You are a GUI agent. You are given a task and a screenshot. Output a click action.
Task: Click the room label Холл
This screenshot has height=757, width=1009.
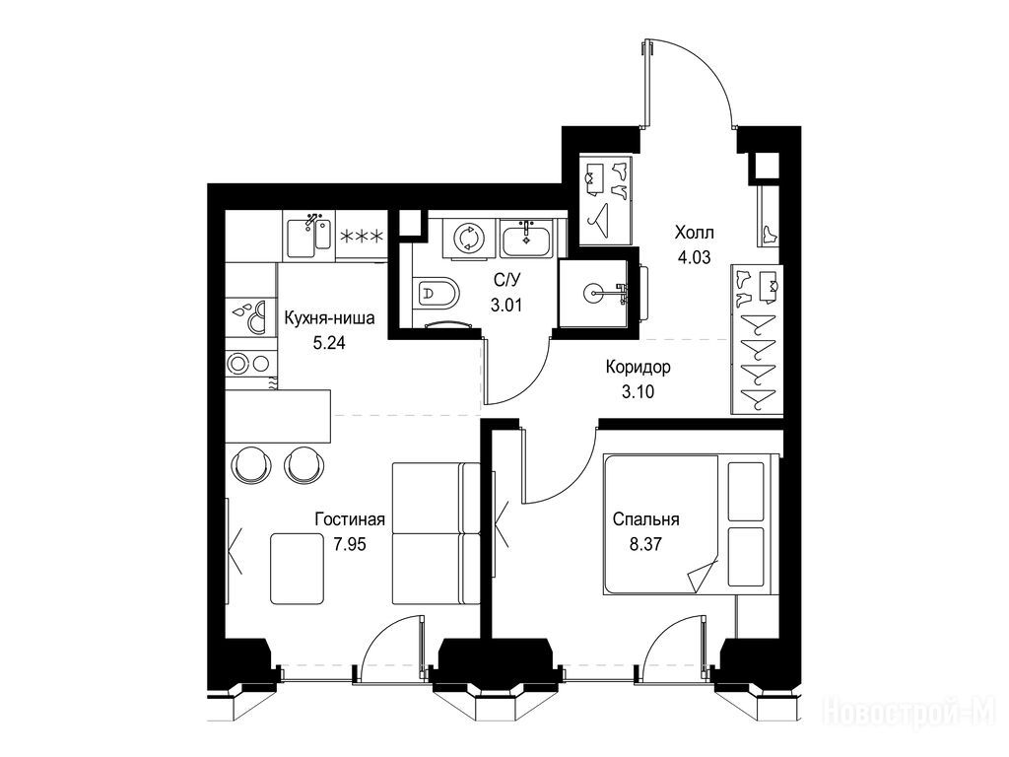tap(694, 232)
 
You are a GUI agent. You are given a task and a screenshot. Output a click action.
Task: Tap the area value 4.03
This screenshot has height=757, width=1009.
tap(694, 257)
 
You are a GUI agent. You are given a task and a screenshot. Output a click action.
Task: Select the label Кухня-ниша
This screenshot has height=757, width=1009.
tap(329, 318)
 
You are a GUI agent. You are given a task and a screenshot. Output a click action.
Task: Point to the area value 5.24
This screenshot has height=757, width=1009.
tap(329, 343)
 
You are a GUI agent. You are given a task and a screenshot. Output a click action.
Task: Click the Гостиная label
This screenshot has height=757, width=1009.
tap(350, 518)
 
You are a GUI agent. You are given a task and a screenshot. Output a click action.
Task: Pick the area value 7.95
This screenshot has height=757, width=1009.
tap(350, 544)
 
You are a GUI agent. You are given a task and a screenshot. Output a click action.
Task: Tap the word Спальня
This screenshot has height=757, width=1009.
tap(646, 518)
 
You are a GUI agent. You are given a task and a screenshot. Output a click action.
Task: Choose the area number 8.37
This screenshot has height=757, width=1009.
tap(645, 544)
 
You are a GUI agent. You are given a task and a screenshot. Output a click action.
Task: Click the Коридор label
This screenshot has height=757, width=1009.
tap(639, 367)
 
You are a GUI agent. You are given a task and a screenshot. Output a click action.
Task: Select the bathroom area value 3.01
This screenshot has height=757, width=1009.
tap(506, 305)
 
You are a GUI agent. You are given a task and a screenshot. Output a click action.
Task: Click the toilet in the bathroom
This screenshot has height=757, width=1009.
tap(437, 295)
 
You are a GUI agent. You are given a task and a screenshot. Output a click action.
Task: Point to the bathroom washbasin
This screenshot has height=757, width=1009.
tap(526, 238)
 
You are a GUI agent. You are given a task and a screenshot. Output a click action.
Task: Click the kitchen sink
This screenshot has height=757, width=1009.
tap(308, 235)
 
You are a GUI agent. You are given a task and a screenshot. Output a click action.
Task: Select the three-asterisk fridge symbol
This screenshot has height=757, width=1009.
tap(361, 237)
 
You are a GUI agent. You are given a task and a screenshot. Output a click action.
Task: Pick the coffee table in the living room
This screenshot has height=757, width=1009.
tap(297, 569)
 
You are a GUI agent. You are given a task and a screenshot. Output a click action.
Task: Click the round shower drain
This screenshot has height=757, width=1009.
tap(593, 293)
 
